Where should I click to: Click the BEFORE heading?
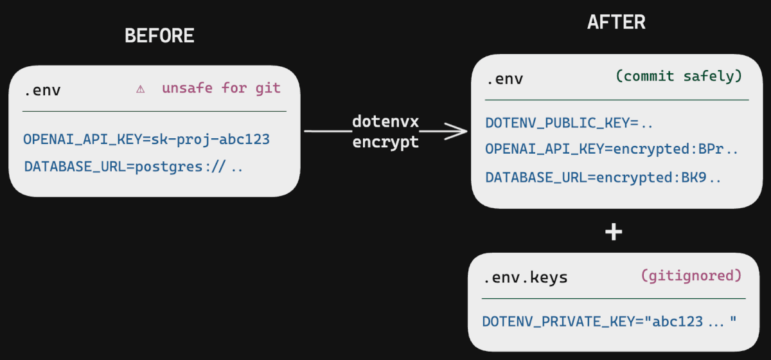click(159, 36)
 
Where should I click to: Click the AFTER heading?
click(616, 22)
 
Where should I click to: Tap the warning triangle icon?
click(140, 89)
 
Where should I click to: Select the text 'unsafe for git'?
click(221, 89)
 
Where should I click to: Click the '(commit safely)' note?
click(678, 76)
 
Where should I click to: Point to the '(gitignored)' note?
click(691, 276)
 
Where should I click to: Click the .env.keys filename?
click(525, 278)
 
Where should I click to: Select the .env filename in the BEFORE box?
click(42, 90)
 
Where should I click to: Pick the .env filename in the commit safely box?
click(504, 79)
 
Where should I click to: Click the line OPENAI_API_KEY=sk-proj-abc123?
click(146, 139)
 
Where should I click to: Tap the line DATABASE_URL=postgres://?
click(134, 167)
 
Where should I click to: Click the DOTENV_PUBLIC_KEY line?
click(569, 123)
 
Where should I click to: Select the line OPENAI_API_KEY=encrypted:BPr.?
click(612, 149)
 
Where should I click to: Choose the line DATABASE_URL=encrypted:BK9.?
click(603, 177)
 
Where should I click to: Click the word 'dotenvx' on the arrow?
click(385, 121)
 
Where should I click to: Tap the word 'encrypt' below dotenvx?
click(385, 142)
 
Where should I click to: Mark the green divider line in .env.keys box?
click(614, 298)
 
